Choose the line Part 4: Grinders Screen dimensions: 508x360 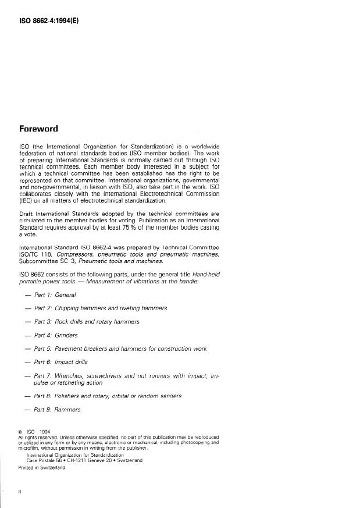pyautogui.click(x=66, y=335)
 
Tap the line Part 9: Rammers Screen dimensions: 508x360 pyautogui.click(x=66, y=410)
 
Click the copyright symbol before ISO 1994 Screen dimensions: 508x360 pyautogui.click(x=21, y=431)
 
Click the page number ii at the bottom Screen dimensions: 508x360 pyautogui.click(x=21, y=490)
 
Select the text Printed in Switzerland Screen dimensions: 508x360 pyautogui.click(x=42, y=466)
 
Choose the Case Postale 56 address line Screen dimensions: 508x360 pyautogui.click(x=85, y=460)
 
